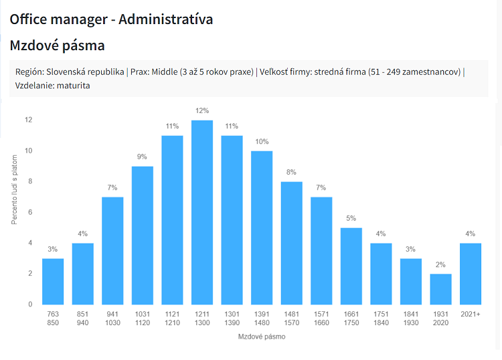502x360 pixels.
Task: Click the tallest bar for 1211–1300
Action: click(x=202, y=212)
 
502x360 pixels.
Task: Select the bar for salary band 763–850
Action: click(x=53, y=281)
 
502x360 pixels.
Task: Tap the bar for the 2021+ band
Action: click(x=471, y=274)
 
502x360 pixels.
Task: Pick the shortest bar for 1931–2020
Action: click(x=440, y=289)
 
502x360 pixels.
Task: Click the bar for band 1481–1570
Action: click(x=292, y=243)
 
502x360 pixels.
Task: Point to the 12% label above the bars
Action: click(x=202, y=110)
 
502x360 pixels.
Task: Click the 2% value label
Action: click(x=440, y=264)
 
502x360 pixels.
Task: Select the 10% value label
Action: click(x=262, y=141)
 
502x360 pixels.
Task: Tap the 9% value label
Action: click(x=143, y=157)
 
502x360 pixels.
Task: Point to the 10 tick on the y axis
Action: click(x=28, y=151)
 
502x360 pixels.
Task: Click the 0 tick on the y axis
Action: click(x=30, y=304)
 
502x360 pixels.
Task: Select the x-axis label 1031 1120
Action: click(x=143, y=317)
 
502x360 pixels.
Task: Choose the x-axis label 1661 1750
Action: click(x=351, y=317)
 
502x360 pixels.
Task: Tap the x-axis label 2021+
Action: click(x=471, y=313)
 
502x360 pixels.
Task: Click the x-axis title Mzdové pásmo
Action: click(x=262, y=337)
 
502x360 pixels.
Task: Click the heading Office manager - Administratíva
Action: click(x=111, y=19)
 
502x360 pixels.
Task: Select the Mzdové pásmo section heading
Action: click(x=57, y=46)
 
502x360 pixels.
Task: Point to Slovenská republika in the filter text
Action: click(x=85, y=72)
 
